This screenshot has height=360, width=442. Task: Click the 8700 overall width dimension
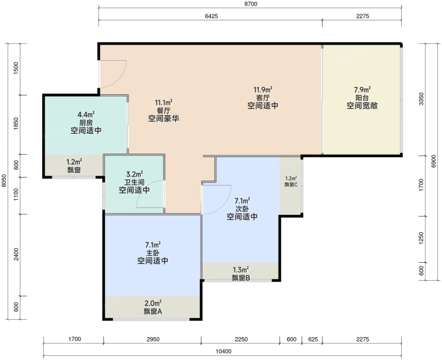250,4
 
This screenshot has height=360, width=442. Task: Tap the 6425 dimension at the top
211,16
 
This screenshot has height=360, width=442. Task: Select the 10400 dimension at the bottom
223,351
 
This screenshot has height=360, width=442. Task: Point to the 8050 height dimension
4,181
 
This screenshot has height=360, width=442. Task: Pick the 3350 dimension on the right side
421,99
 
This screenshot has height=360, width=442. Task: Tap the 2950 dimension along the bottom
153,339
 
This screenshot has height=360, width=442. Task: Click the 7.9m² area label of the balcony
362,90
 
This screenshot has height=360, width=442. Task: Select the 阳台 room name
362,98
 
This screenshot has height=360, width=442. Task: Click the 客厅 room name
262,98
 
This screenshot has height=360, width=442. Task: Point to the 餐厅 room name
163,110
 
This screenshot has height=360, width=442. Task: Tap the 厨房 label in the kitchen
86,123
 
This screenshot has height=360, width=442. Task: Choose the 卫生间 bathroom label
134,182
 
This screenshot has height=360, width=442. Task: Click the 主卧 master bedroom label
153,253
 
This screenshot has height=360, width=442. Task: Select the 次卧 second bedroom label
242,209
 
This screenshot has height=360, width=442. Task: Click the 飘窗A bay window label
153,311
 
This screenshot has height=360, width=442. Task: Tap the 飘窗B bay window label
241,278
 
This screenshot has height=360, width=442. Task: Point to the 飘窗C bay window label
291,185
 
